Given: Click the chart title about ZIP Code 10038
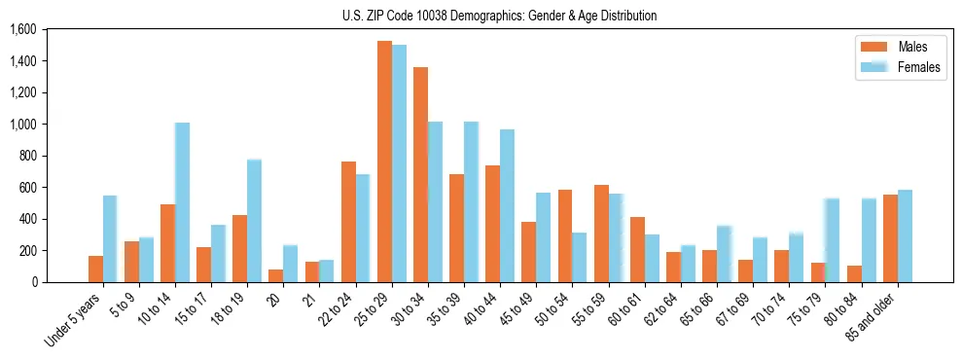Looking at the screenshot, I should coord(499,16).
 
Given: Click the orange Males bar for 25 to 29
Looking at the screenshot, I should coord(384,162).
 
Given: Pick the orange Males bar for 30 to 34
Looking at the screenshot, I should coord(420,175).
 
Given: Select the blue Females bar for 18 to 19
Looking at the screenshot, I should coord(254,221).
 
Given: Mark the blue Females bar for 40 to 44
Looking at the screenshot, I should coord(507,205).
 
